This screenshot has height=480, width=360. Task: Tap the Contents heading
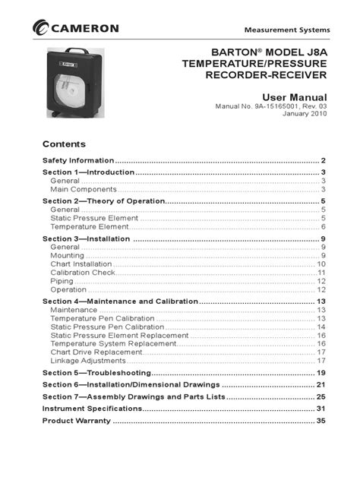[64, 144]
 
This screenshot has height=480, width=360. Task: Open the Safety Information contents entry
[78, 161]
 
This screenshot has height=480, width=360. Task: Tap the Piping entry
[62, 281]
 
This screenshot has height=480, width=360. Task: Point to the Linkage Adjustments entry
[87, 361]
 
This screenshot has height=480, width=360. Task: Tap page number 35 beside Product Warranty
[321, 420]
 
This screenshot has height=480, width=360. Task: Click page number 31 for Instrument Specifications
[321, 409]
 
